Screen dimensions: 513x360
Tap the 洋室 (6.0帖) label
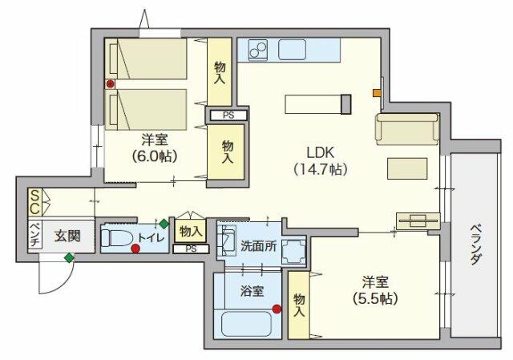tap(155, 148)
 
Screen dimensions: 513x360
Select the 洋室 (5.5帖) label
tap(375, 290)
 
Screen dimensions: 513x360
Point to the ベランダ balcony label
tap(475, 245)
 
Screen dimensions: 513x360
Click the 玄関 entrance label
tap(67, 236)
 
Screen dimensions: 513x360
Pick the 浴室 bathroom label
tap(252, 290)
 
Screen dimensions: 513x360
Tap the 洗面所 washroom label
tap(258, 246)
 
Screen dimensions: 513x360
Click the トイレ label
tap(151, 237)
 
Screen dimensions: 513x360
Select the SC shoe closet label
tap(34, 202)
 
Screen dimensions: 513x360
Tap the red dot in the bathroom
tap(277, 309)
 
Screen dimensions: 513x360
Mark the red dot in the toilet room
tap(135, 249)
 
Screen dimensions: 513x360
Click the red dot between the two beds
tap(111, 84)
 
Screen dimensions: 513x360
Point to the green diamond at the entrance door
tap(69, 257)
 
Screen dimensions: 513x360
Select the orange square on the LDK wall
tap(378, 93)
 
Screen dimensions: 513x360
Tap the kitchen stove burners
tap(258, 50)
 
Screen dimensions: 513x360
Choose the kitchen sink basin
tap(292, 50)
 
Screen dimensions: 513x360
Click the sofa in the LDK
tap(407, 129)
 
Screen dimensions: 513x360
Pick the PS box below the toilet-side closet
tap(191, 249)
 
